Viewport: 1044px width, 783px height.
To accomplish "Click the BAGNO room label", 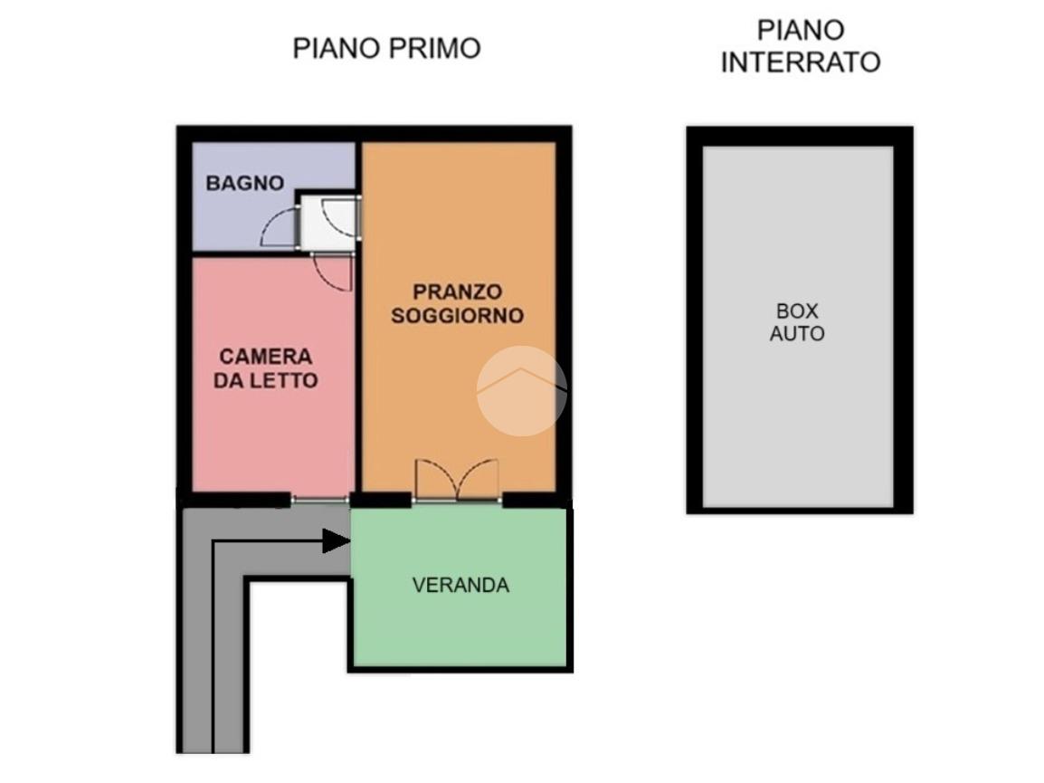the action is click(x=245, y=183).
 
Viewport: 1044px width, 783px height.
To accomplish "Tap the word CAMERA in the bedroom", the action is click(x=266, y=357).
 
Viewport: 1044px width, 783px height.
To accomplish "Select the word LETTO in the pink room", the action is click(x=284, y=380).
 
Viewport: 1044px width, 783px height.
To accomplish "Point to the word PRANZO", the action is click(x=458, y=291).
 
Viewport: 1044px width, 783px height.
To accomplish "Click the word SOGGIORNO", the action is click(x=458, y=315).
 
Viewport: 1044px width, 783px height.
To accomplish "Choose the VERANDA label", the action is click(x=460, y=585).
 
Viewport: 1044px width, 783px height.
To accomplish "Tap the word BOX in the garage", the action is click(x=797, y=310).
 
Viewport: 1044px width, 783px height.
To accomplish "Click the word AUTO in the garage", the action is click(x=797, y=333).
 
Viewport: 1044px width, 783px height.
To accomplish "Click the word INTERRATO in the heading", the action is click(x=801, y=62).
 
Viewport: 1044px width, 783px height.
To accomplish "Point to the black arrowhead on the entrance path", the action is click(x=337, y=540).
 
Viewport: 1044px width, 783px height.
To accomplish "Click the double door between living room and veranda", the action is click(x=457, y=480).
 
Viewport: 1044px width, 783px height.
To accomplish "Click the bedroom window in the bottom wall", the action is click(x=319, y=500).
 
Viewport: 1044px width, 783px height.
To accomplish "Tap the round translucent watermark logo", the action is click(x=521, y=391).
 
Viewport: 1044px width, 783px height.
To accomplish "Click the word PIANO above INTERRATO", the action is click(x=801, y=31).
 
